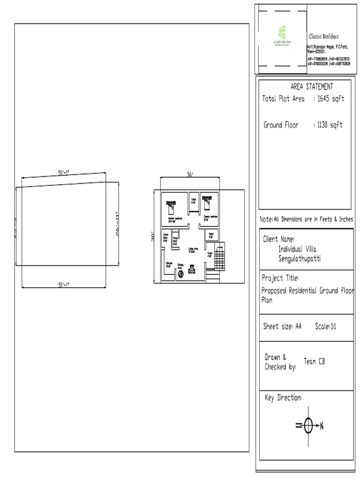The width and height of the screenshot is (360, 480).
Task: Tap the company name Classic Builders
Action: click(323, 37)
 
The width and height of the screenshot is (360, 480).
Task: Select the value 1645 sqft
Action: click(330, 99)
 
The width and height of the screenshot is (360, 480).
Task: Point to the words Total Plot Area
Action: click(283, 99)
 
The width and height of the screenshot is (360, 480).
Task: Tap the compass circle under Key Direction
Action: click(308, 426)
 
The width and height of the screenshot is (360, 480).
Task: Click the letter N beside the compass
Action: click(322, 426)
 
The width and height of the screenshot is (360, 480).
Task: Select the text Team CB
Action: click(314, 361)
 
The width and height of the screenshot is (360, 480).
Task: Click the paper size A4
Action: click(298, 326)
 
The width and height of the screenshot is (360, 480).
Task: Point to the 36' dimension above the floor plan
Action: click(190, 175)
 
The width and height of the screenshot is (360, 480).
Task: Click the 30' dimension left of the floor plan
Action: click(153, 237)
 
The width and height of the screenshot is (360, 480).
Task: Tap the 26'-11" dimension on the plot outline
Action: click(119, 224)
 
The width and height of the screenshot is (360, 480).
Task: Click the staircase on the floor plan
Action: click(219, 256)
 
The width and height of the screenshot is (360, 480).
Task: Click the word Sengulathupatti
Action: click(300, 259)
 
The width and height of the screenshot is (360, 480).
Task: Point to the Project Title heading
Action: click(280, 278)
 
